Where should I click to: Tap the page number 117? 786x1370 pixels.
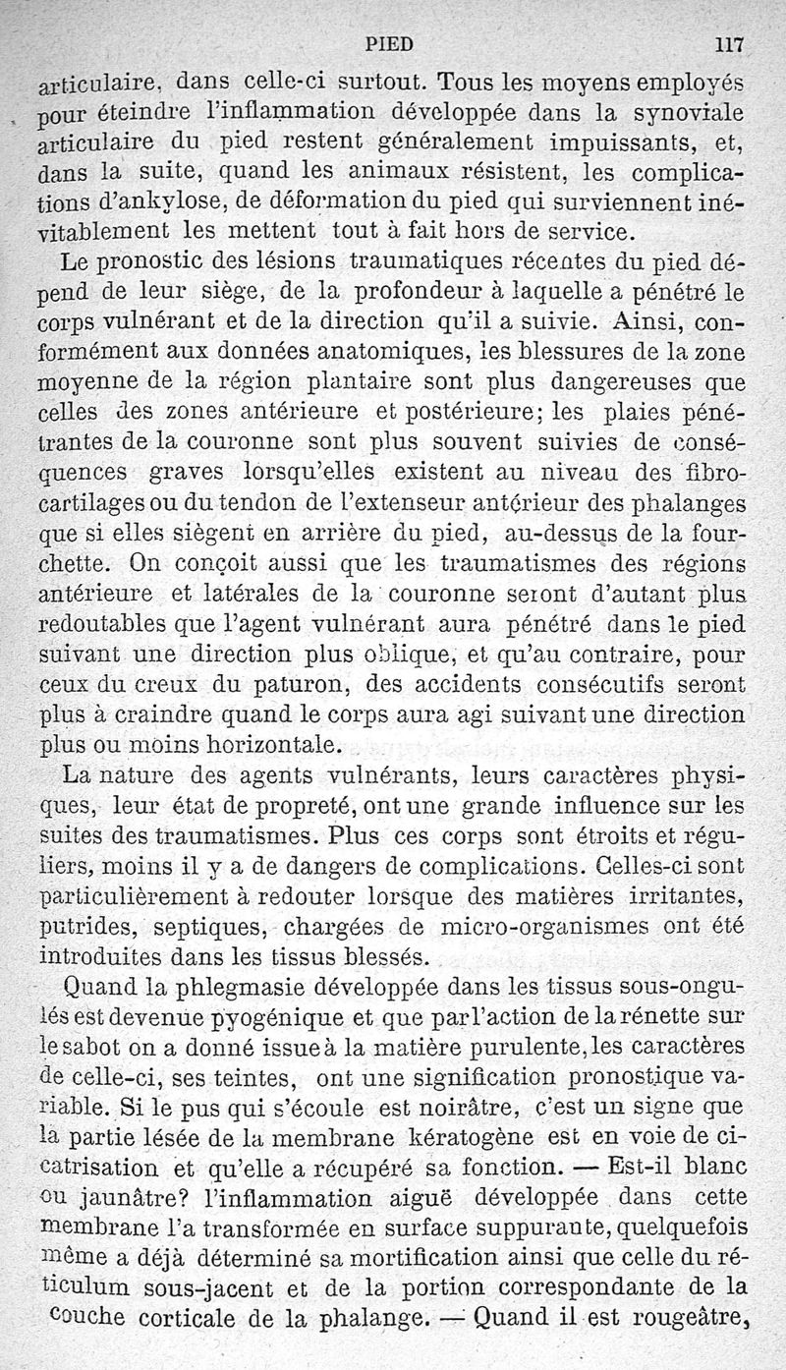pyautogui.click(x=730, y=43)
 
